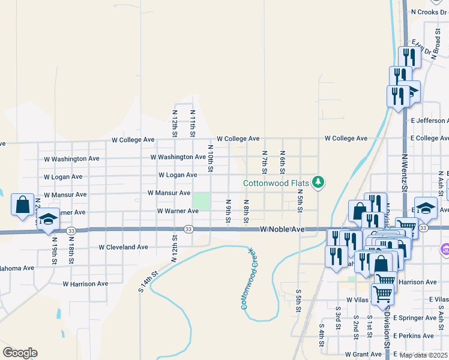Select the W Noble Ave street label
pyautogui.click(x=282, y=230)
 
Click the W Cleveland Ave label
pyautogui.click(x=123, y=247)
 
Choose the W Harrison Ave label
pyautogui.click(x=85, y=284)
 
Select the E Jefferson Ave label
pyautogui.click(x=429, y=121)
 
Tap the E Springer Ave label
pyautogui.click(x=423, y=318)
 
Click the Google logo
pyautogui.click(x=20, y=353)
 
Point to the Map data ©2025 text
pyautogui.click(x=423, y=355)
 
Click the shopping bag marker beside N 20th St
pyautogui.click(x=22, y=205)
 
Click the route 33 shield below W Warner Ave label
pyautogui.click(x=188, y=229)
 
